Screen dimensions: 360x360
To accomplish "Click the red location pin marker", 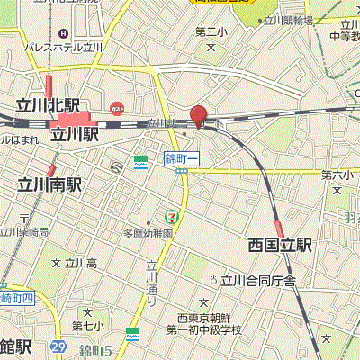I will tap(198, 115).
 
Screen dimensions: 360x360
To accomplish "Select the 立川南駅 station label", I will tap(49, 184).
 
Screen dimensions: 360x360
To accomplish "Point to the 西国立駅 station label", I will tap(280, 244).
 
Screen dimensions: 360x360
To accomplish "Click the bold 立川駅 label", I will tap(75, 134).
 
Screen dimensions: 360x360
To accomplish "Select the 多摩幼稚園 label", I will tap(148, 231).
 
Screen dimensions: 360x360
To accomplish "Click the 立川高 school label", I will tap(80, 263).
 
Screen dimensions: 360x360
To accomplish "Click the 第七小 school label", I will tap(87, 325).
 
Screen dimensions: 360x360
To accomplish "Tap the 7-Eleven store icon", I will tap(170, 215).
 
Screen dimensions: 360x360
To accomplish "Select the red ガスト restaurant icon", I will tap(117, 105).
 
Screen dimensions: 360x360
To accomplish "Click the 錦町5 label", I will tap(94, 349).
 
